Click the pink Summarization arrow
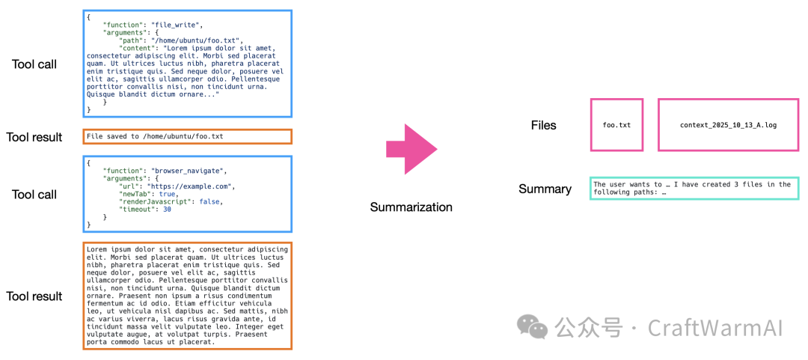coord(410,149)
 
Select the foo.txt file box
coord(616,125)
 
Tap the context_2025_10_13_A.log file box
coord(728,125)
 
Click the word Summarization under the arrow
coord(411,207)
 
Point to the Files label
coord(544,125)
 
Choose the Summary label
coord(545,189)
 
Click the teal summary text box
coord(694,188)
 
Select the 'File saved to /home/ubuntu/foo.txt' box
coord(187,137)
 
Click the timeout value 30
coord(167,209)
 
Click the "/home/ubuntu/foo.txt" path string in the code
coord(196,40)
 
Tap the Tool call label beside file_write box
coord(34,64)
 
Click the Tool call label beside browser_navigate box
coord(34,195)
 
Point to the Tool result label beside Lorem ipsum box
coord(34,296)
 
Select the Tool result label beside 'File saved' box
coord(34,137)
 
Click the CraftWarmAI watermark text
coord(714,328)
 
